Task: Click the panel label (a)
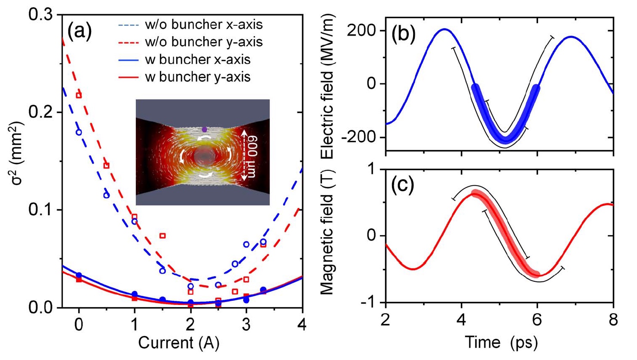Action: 80,32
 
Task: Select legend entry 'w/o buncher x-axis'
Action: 203,24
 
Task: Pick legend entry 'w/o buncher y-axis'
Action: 203,42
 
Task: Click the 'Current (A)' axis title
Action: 178,343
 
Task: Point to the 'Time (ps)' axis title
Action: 501,342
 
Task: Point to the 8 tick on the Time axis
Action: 613,320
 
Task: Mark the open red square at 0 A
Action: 79,95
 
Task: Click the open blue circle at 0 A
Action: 79,132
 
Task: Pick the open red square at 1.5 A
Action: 162,235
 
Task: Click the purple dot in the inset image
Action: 205,129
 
